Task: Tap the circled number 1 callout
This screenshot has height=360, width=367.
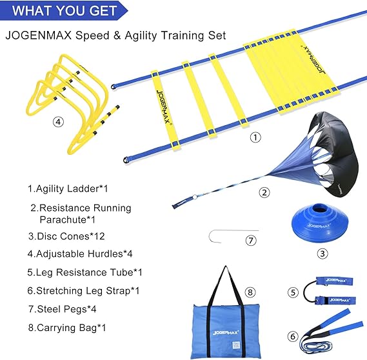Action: point(255,137)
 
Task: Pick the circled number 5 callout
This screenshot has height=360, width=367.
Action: point(292,292)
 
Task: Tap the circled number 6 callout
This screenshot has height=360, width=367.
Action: point(294,335)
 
